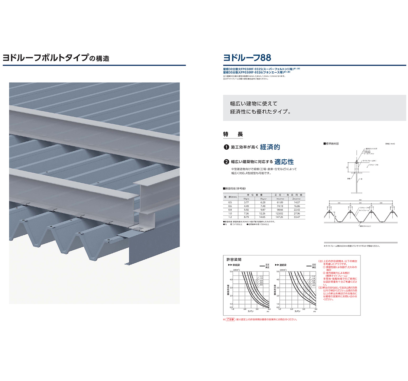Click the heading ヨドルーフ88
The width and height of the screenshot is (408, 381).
click(x=247, y=58)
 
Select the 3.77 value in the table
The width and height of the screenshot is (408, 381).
click(x=246, y=202)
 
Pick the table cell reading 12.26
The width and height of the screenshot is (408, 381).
click(x=262, y=213)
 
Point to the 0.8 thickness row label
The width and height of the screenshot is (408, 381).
click(x=230, y=210)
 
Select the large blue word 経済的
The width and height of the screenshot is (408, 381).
click(x=270, y=147)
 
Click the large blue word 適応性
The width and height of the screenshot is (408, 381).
click(x=284, y=162)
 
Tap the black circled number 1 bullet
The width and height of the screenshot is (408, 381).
click(x=226, y=147)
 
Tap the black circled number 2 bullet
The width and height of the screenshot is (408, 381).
click(x=226, y=162)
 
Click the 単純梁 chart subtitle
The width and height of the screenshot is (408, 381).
click(x=236, y=265)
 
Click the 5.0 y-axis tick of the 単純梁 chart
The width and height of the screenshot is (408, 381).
click(x=231, y=272)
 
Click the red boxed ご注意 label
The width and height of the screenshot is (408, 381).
click(x=231, y=319)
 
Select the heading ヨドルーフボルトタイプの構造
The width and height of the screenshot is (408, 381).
click(x=56, y=58)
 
